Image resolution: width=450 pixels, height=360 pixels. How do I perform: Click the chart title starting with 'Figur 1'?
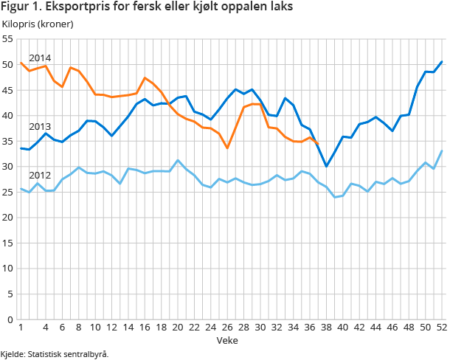[x=146, y=7]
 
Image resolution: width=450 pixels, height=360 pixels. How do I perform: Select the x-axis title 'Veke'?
[x=226, y=340]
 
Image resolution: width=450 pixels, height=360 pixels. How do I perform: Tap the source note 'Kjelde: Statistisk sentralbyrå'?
[x=55, y=354]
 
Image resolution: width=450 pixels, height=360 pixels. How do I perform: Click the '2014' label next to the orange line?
[x=40, y=58]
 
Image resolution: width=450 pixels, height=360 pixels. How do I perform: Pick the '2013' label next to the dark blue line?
[x=40, y=126]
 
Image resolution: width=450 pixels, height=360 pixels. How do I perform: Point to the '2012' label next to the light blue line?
[x=40, y=176]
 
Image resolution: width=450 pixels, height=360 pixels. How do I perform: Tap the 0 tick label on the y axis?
[x=10, y=319]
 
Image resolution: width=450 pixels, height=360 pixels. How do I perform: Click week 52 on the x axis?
[x=441, y=328]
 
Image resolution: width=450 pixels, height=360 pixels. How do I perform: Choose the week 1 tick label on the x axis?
[x=21, y=328]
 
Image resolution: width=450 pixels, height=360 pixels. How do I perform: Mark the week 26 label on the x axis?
[x=226, y=328]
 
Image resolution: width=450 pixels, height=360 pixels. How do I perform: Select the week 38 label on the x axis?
[x=325, y=328]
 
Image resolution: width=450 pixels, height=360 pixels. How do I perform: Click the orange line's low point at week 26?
[x=226, y=148]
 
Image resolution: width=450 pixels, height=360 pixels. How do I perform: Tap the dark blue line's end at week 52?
[x=441, y=62]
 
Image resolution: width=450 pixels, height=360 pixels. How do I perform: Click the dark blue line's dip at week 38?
[x=326, y=166]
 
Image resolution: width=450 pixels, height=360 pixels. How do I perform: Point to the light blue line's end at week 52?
[x=441, y=150]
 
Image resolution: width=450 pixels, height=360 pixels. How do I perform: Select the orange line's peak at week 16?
[x=145, y=77]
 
